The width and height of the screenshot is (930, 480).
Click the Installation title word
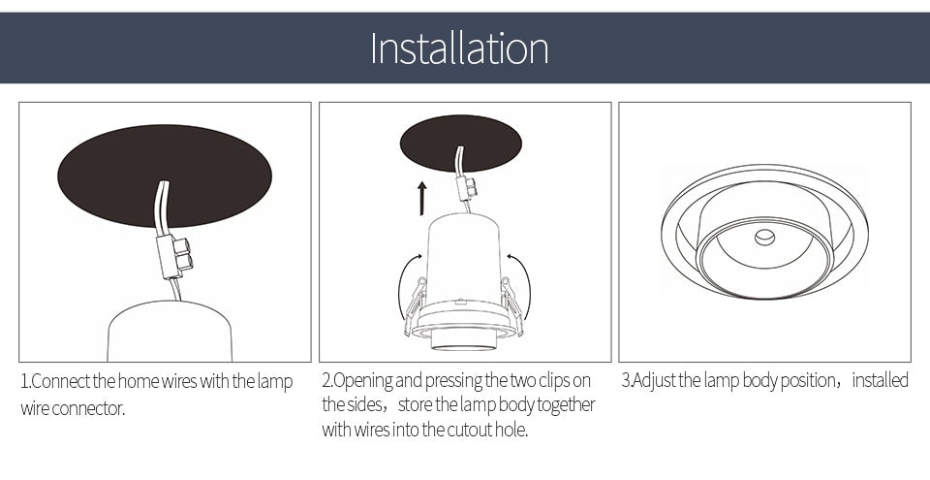[459, 48]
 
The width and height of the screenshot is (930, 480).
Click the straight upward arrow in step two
[422, 197]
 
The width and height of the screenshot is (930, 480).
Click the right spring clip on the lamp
[511, 303]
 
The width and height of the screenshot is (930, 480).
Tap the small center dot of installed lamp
[764, 236]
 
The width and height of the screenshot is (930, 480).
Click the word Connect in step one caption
[62, 381]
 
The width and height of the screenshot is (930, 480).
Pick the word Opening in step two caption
[363, 380]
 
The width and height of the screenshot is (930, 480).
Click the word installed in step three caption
[880, 380]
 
